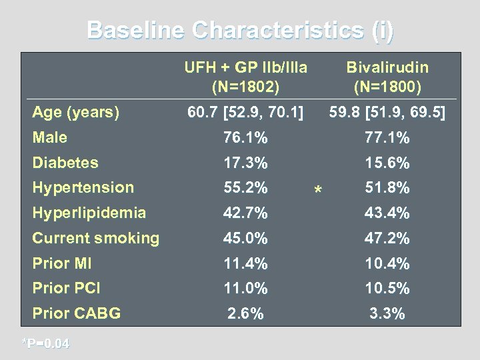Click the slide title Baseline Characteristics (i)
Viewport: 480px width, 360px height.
(x=240, y=31)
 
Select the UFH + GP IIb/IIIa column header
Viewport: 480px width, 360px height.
(x=246, y=77)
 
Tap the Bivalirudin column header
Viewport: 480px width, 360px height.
(x=387, y=77)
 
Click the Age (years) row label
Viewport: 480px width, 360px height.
(x=76, y=113)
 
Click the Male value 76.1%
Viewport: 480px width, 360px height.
(x=246, y=139)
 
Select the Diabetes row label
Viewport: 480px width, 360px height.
(x=65, y=163)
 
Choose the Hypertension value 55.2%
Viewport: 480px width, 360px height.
(x=246, y=188)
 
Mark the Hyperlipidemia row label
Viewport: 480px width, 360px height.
(x=89, y=213)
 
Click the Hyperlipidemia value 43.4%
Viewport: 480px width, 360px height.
(x=387, y=213)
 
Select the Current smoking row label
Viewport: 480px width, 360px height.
(x=96, y=238)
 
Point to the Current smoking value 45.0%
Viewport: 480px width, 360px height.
(x=246, y=238)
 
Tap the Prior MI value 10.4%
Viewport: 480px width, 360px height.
(x=387, y=263)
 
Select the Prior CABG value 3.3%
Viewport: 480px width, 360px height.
(x=387, y=313)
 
